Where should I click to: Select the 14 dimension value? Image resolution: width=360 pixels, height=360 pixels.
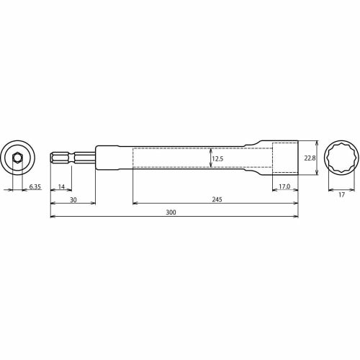[61, 187]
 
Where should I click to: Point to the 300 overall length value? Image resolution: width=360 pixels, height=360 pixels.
[170, 212]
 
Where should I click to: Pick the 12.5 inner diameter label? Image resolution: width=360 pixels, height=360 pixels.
[218, 158]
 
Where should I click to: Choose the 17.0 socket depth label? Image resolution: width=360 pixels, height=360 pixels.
[284, 187]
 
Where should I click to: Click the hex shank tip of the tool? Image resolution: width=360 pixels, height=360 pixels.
[58, 158]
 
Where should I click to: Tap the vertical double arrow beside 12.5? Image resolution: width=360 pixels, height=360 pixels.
[210, 158]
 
